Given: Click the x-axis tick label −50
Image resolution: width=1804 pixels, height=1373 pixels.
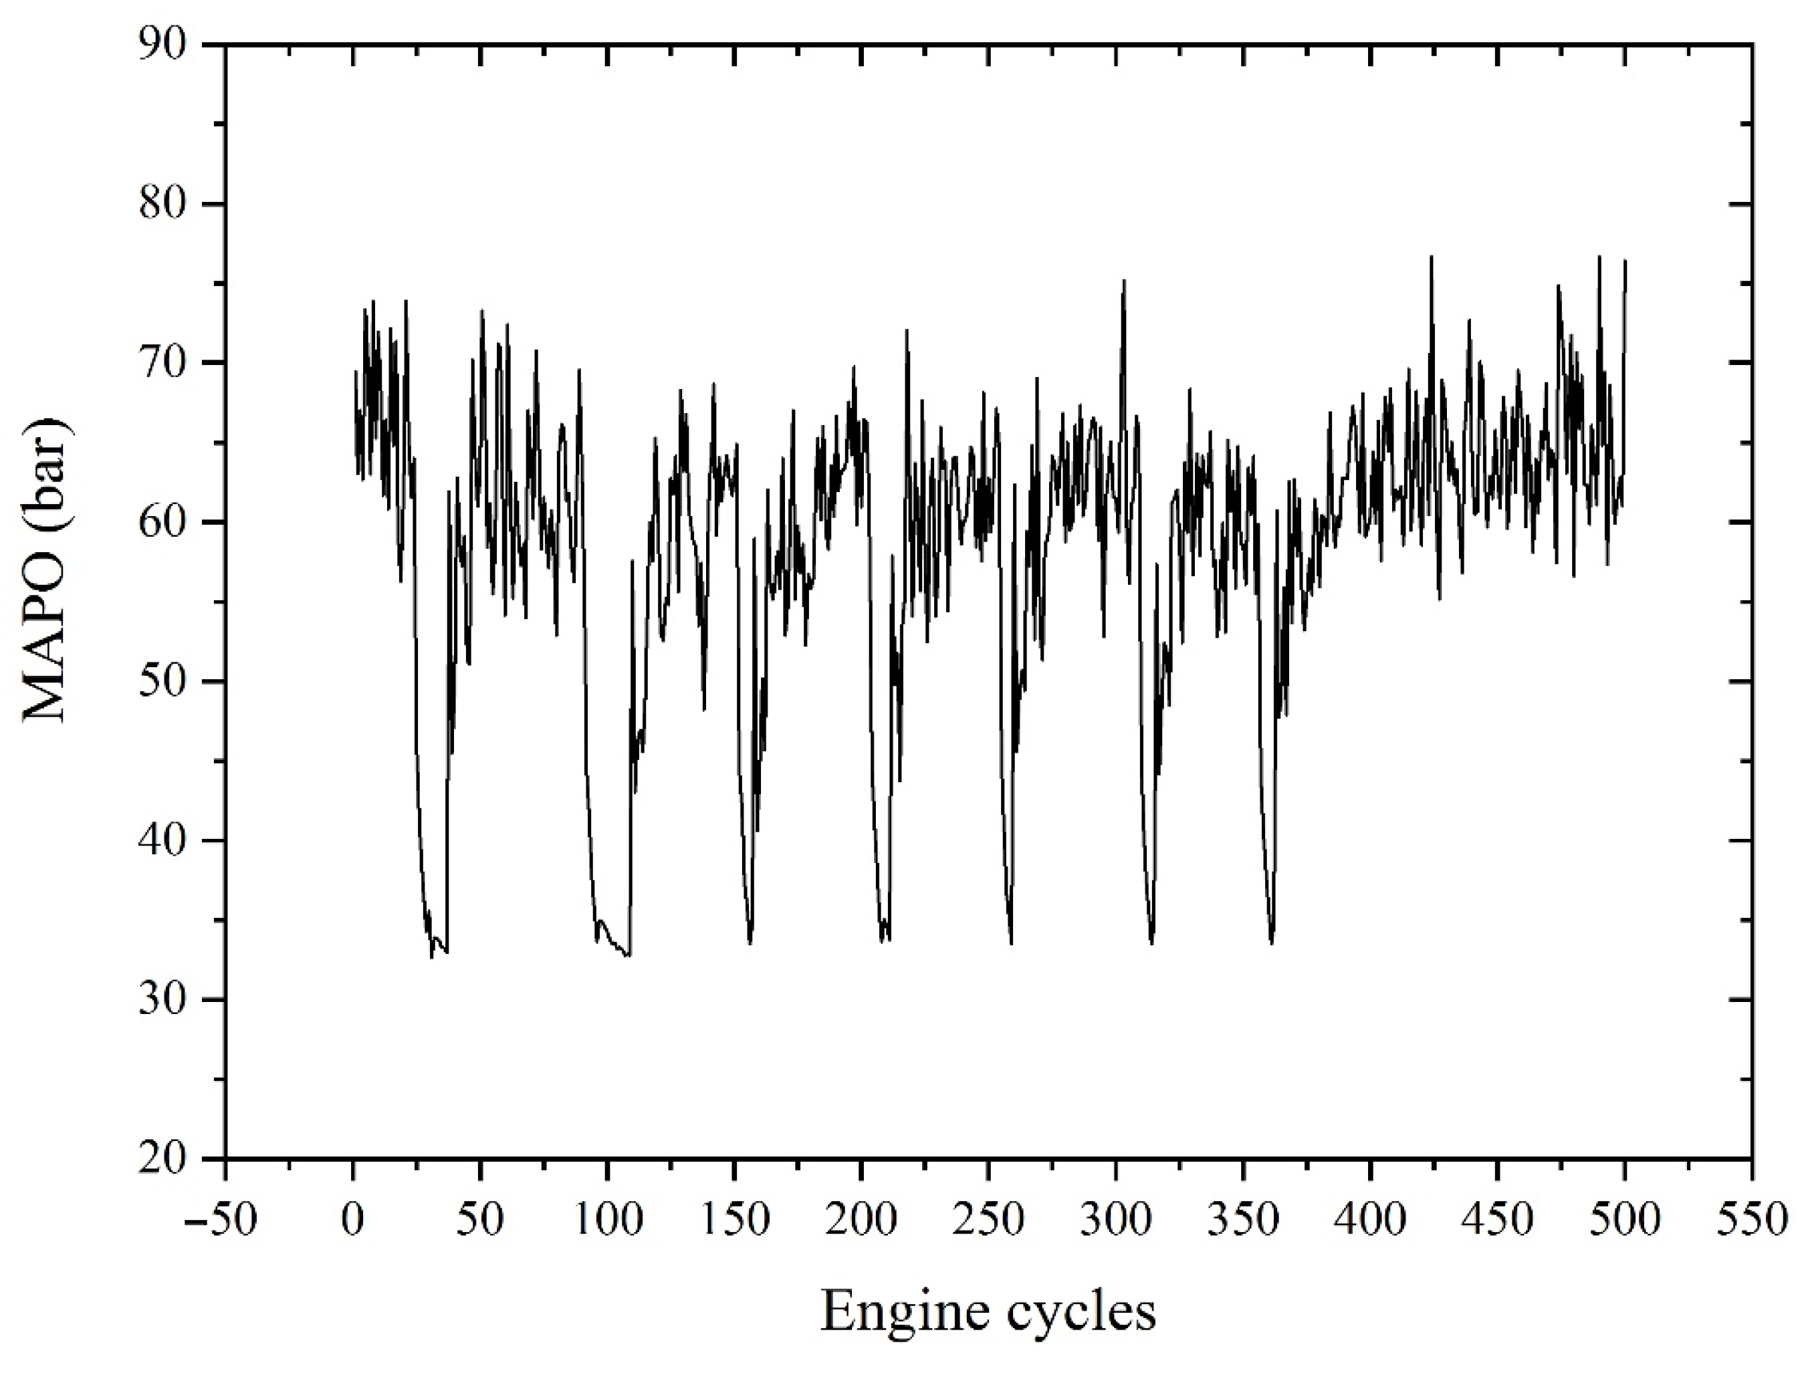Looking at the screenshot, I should click(x=221, y=1220).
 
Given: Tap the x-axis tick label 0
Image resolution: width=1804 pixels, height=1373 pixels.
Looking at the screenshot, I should click(x=353, y=1220).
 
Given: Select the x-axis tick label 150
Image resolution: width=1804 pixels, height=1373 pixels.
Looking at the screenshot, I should click(x=734, y=1220).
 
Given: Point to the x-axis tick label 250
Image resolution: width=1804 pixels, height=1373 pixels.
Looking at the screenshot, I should click(x=988, y=1220).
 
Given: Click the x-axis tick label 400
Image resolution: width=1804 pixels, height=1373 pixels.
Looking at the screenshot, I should click(x=1370, y=1220).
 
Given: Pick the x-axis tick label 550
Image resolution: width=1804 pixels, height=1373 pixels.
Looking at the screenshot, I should click(x=1751, y=1220).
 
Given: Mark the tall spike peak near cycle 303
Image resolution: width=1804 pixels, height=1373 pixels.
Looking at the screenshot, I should click(x=1124, y=280).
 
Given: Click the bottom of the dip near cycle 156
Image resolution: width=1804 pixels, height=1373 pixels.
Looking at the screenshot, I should click(x=750, y=944).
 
